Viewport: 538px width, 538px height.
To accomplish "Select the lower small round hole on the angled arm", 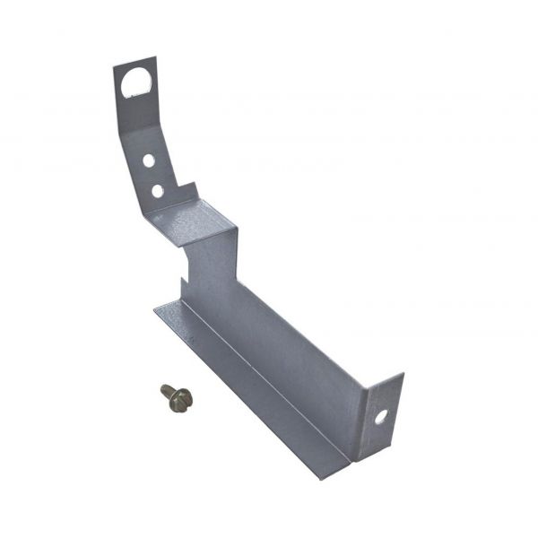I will point(157,190).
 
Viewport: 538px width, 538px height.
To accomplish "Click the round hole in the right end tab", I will point(383,416).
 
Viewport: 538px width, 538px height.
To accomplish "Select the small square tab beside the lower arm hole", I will point(184,195).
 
